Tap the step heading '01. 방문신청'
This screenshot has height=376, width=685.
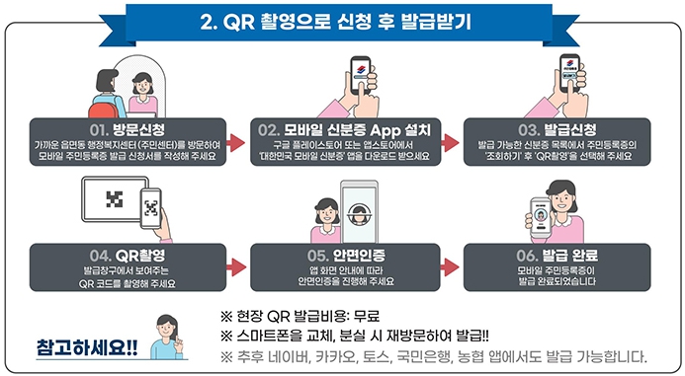126,129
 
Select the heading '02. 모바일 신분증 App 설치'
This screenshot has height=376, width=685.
341,129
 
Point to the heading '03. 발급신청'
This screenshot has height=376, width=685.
556,129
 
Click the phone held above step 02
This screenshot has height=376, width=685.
362,76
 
